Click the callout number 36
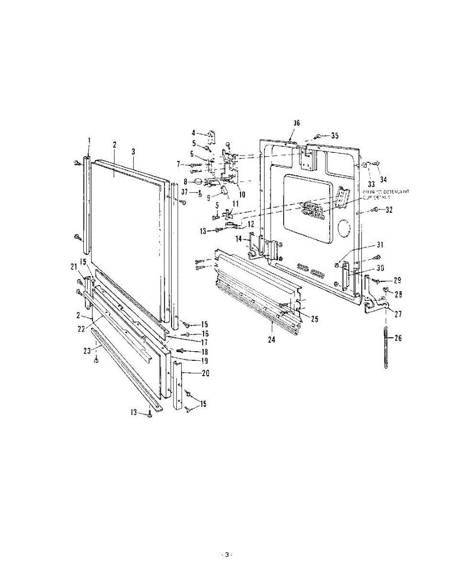[x=297, y=123]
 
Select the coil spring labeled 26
[x=385, y=346]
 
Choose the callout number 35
[x=335, y=136]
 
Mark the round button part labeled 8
[x=197, y=182]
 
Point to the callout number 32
[x=389, y=209]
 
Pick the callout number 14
[x=239, y=238]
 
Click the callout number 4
[x=194, y=133]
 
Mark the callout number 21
[x=74, y=266]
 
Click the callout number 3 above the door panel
[x=134, y=151]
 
